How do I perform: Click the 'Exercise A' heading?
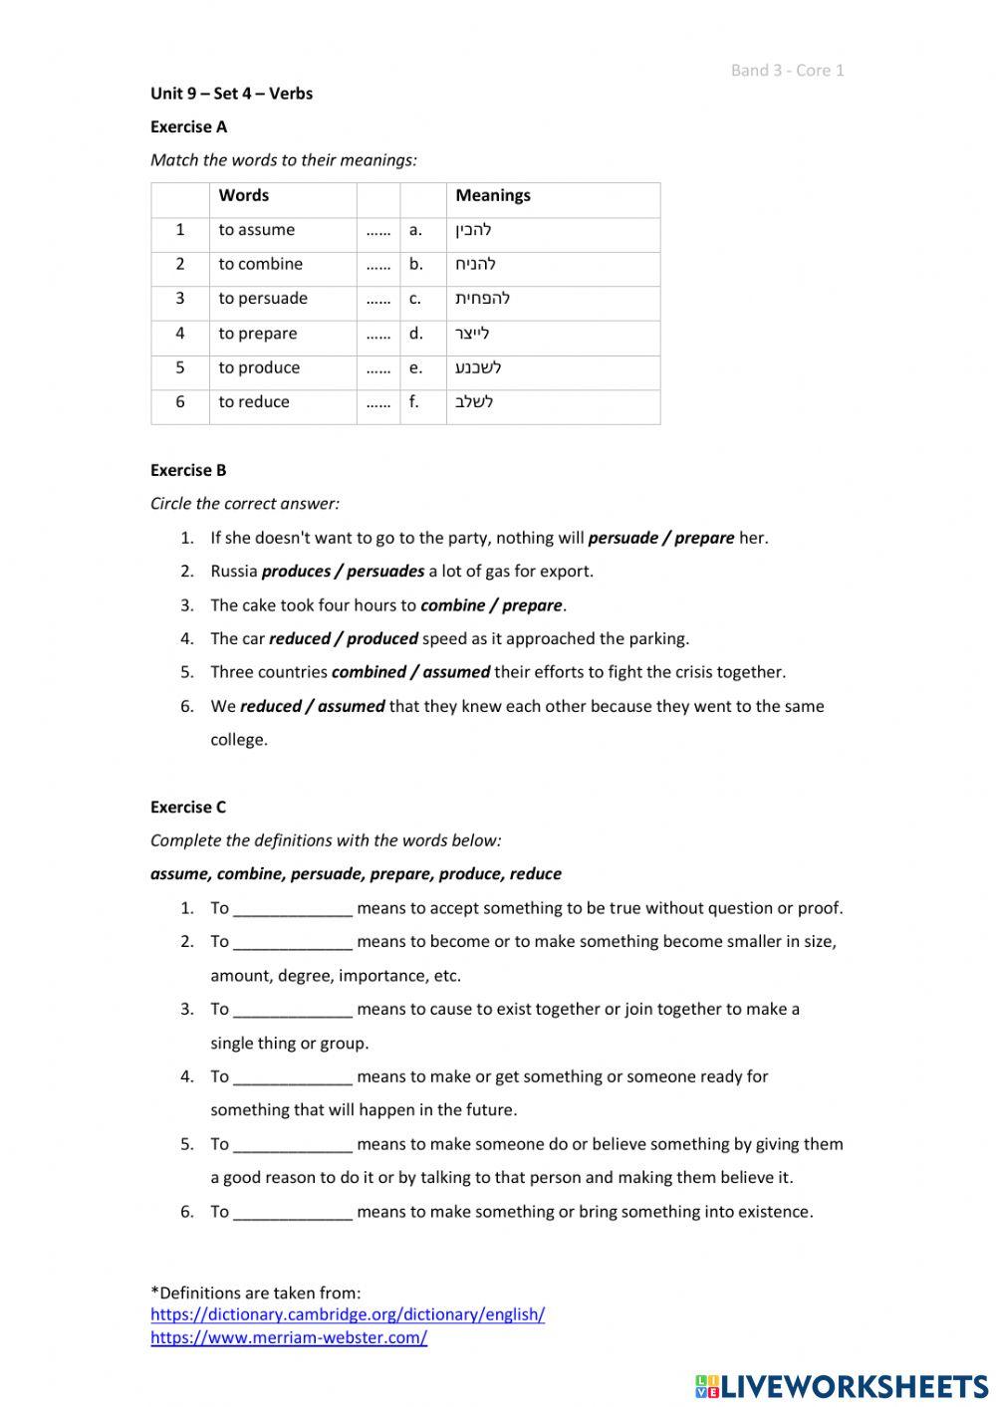(x=188, y=126)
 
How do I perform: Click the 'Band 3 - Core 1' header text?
(x=787, y=70)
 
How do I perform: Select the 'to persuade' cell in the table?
(x=263, y=299)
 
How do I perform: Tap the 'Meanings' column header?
(x=493, y=195)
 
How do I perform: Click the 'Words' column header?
(x=244, y=195)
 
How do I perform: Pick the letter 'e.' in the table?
(x=415, y=367)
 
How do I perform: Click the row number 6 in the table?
(x=179, y=402)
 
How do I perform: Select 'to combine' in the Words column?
(x=260, y=264)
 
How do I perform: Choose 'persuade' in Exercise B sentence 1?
(x=623, y=538)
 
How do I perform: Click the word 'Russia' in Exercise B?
(x=234, y=572)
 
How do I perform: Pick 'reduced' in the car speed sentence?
(x=299, y=639)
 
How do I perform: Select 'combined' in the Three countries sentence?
(x=369, y=672)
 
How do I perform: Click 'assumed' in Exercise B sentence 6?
(x=352, y=706)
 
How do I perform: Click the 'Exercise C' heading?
(x=188, y=807)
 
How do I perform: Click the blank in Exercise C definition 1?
(x=293, y=908)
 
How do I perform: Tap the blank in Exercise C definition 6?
(x=293, y=1212)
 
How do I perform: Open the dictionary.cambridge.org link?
(x=348, y=1314)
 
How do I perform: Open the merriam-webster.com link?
(x=289, y=1337)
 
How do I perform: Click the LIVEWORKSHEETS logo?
(x=842, y=1386)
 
